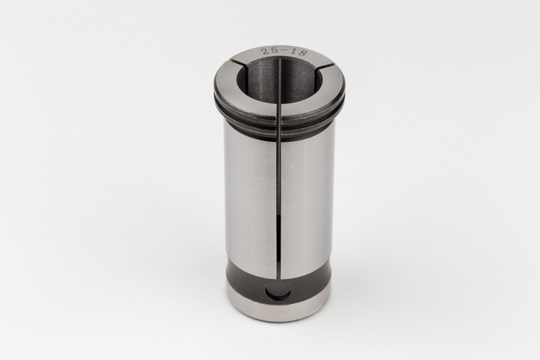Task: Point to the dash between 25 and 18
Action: (x=278, y=52)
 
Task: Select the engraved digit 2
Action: (x=265, y=53)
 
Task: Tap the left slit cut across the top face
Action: (x=239, y=62)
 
